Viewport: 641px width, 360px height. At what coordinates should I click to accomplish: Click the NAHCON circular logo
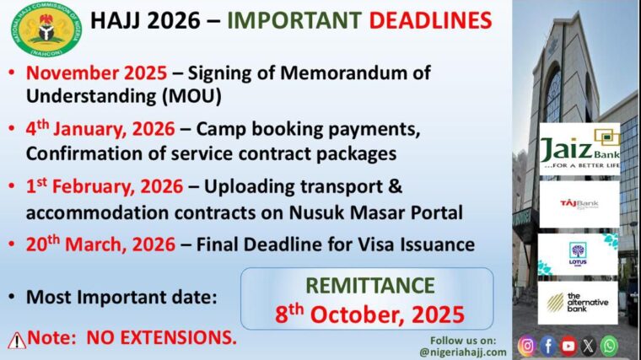coord(46,30)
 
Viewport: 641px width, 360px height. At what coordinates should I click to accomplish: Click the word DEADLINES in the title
coord(430,20)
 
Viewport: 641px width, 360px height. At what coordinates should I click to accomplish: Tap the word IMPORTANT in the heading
coord(294,20)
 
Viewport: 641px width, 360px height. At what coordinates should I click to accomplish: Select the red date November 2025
coord(96,73)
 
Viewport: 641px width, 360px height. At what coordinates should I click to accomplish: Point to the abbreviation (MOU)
coord(191,96)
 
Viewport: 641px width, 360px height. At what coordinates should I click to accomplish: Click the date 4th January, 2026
coord(100,129)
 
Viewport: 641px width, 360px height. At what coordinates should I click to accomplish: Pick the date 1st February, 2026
coord(105,186)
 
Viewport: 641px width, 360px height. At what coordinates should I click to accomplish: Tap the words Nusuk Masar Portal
coord(376,212)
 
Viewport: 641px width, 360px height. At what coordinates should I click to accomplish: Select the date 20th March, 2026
coord(100,244)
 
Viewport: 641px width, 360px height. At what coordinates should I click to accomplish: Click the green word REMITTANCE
coord(370,285)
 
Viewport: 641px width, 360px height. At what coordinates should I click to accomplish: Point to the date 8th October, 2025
coord(369,314)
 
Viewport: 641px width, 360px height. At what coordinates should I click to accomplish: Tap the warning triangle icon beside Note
coord(17,341)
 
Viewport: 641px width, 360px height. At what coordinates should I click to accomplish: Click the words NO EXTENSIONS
coord(161,338)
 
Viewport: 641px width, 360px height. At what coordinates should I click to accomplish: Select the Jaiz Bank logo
coord(579,149)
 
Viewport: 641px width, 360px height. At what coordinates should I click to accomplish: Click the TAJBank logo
coord(579,204)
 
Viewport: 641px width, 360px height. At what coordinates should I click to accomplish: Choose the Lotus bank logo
coord(578,254)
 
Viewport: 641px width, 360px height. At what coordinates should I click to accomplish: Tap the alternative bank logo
coord(578,303)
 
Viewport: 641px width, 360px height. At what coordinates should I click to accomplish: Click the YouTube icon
coord(568,347)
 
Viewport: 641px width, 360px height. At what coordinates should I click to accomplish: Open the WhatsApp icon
coord(609,346)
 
